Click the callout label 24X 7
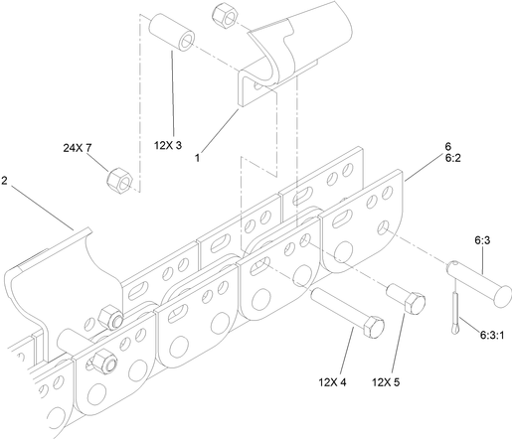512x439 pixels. (x=77, y=148)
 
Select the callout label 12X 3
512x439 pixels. (x=168, y=145)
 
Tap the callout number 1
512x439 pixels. (x=197, y=158)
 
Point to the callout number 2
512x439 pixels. (x=4, y=181)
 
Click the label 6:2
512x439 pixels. (x=452, y=158)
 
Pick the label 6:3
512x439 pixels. (x=482, y=240)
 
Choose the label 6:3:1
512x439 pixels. (x=492, y=336)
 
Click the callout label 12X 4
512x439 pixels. (x=332, y=382)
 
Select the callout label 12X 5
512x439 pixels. (x=386, y=382)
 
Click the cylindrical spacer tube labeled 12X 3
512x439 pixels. (x=171, y=32)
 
